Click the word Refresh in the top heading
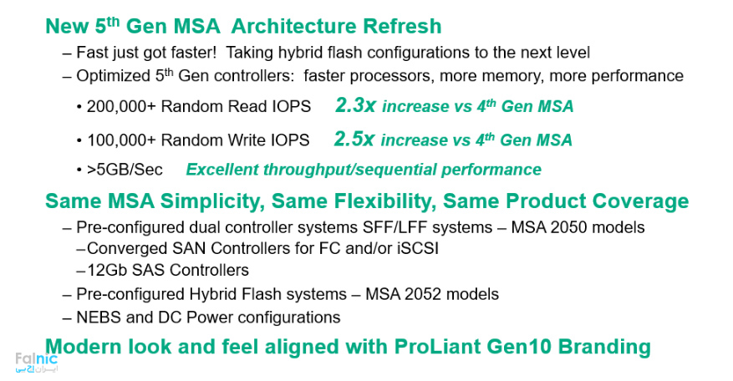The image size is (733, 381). pos(403,26)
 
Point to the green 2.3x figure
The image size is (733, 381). pos(355,105)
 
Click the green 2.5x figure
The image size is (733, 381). pos(354,140)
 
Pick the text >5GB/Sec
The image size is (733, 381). pos(125,170)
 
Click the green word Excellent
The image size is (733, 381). pos(222,170)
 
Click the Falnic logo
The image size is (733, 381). pos(37,363)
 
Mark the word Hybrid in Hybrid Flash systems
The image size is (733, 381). pos(219,294)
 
